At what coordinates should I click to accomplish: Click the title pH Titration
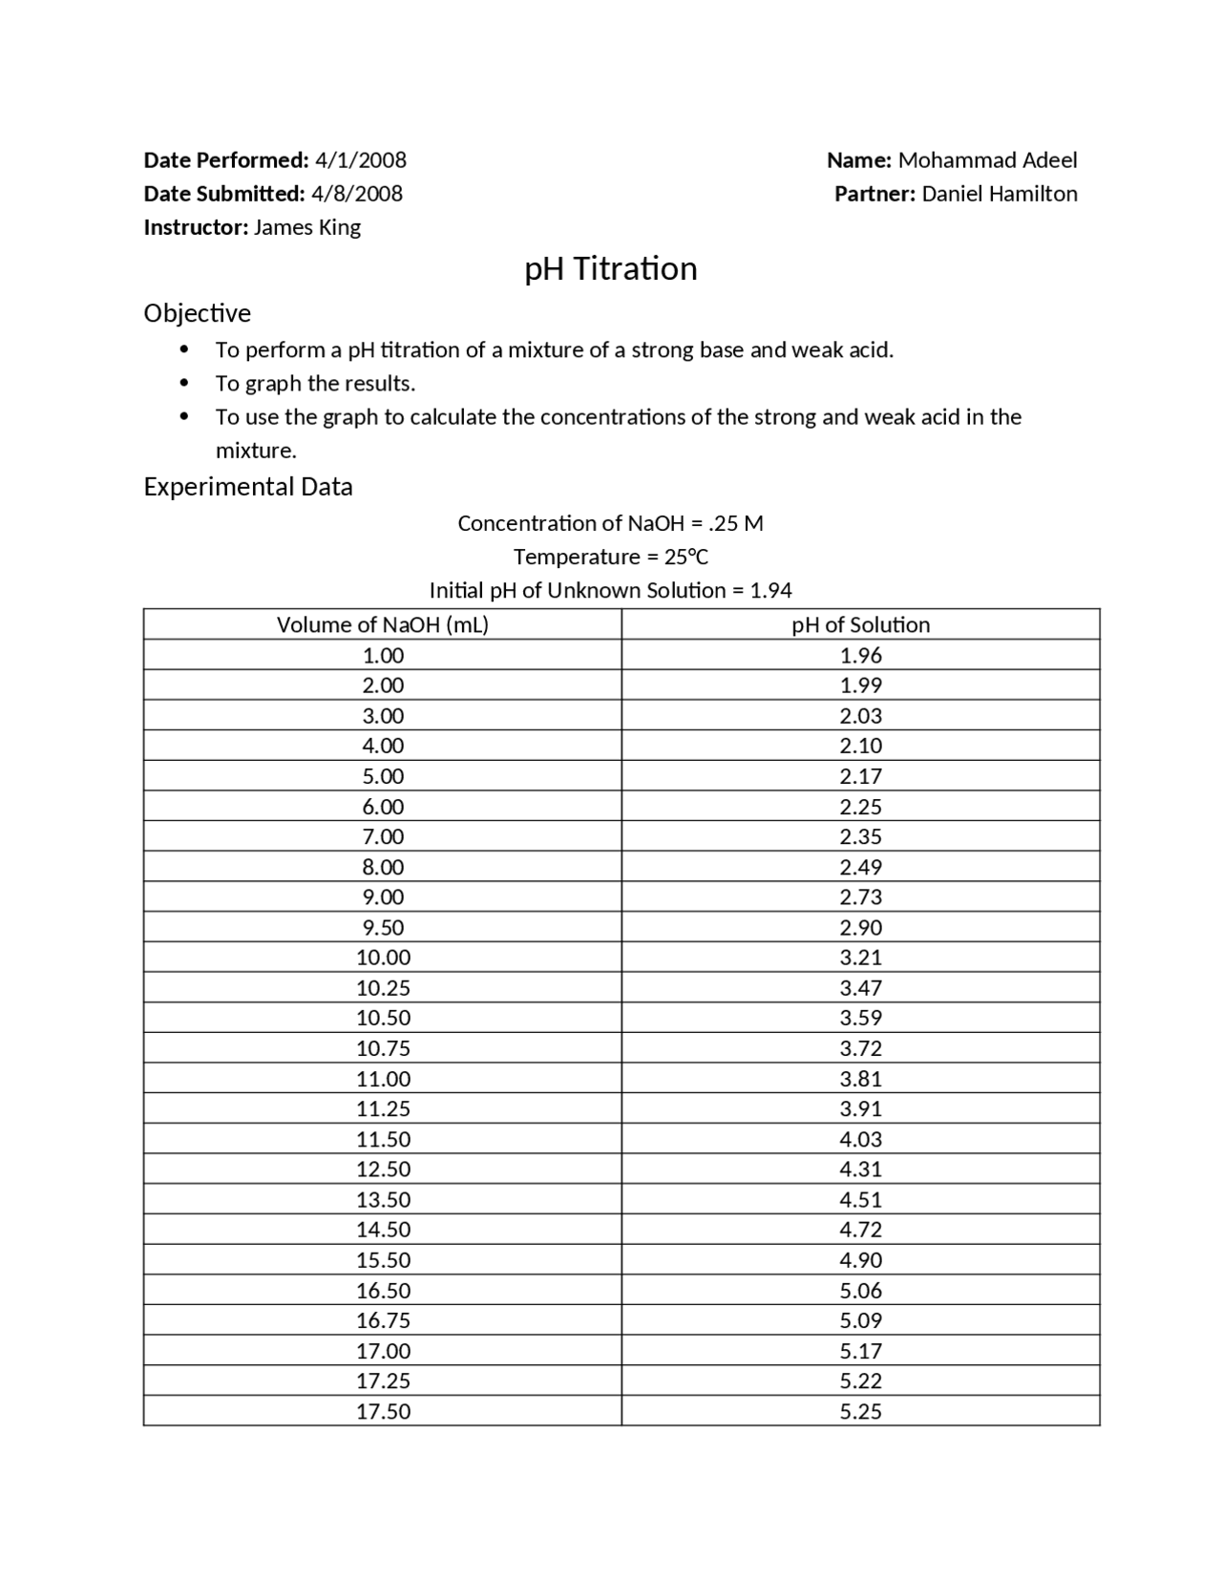pos(610,268)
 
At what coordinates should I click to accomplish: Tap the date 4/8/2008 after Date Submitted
pos(357,193)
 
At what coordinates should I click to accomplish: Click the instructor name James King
pos(306,227)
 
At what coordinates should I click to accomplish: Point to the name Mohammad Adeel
pos(987,159)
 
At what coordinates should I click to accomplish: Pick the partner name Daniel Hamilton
pos(999,193)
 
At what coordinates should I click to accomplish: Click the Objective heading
pos(197,313)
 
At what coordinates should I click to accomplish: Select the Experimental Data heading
pos(247,486)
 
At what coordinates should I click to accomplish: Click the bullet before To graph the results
pos(184,384)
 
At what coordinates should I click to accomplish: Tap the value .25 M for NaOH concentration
pos(736,523)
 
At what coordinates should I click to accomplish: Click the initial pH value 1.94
pos(770,590)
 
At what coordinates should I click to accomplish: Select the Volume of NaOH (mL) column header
pos(383,624)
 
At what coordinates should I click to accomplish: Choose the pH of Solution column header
pos(860,624)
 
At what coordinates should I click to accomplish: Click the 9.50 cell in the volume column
pos(383,927)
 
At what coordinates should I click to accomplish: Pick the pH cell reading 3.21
pos(860,957)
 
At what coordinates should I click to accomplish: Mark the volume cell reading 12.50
pos(383,1169)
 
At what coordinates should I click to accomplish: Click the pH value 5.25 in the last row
pos(860,1411)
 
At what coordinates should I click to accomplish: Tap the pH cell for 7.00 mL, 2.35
pos(860,836)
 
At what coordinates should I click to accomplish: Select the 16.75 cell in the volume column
pos(383,1320)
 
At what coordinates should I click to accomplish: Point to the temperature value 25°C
pos(686,557)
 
